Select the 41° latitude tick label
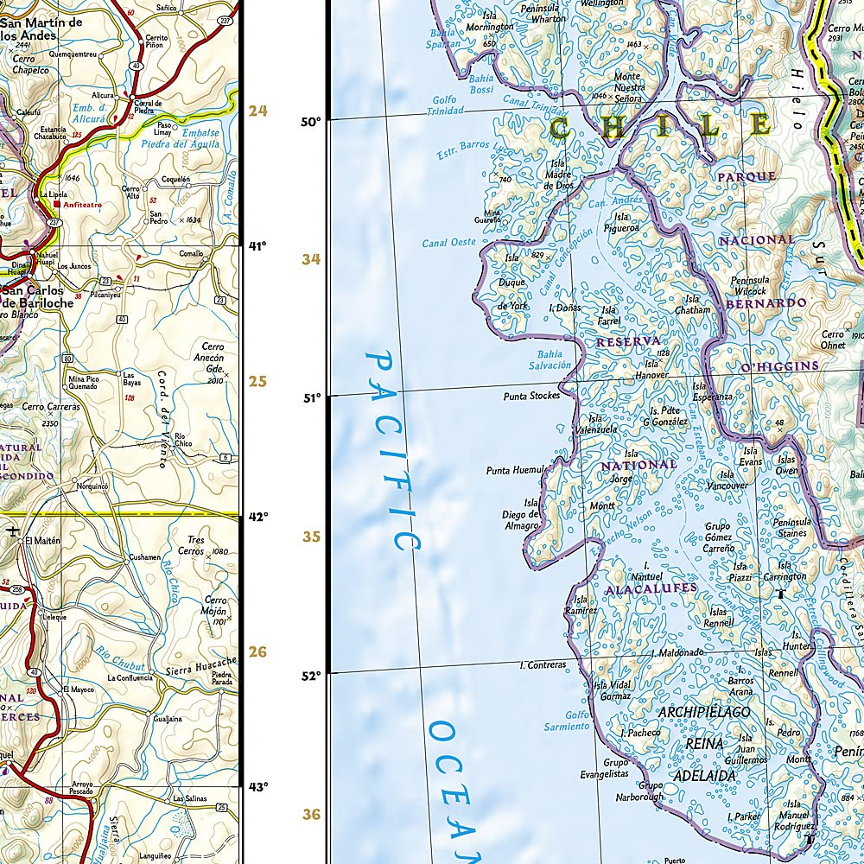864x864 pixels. pos(257,246)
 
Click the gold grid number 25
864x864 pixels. pos(257,382)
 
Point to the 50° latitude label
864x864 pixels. pos(310,122)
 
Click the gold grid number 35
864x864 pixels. pos(311,537)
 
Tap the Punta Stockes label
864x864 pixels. pos(531,396)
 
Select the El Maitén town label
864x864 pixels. pos(42,541)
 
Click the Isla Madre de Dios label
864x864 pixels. pos(559,175)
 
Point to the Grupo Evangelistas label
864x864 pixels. pos(604,768)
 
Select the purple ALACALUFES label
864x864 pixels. pos(650,588)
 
